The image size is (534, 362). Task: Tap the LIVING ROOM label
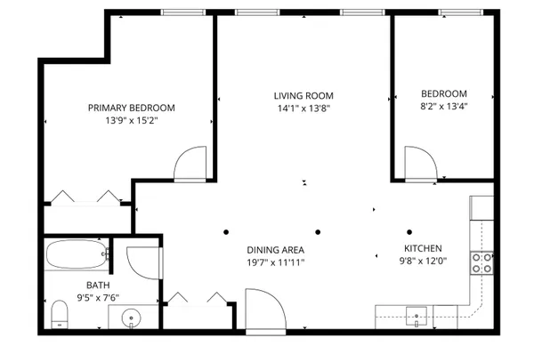303,95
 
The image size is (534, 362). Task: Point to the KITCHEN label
422,249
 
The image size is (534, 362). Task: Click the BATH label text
73,286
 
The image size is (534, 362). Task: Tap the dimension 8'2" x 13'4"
443,106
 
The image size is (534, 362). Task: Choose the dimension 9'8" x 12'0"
422,261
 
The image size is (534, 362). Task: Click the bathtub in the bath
78,256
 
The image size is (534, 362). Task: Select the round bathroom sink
132,317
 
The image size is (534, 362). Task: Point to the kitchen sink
416,314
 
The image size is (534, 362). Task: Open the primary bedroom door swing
191,165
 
